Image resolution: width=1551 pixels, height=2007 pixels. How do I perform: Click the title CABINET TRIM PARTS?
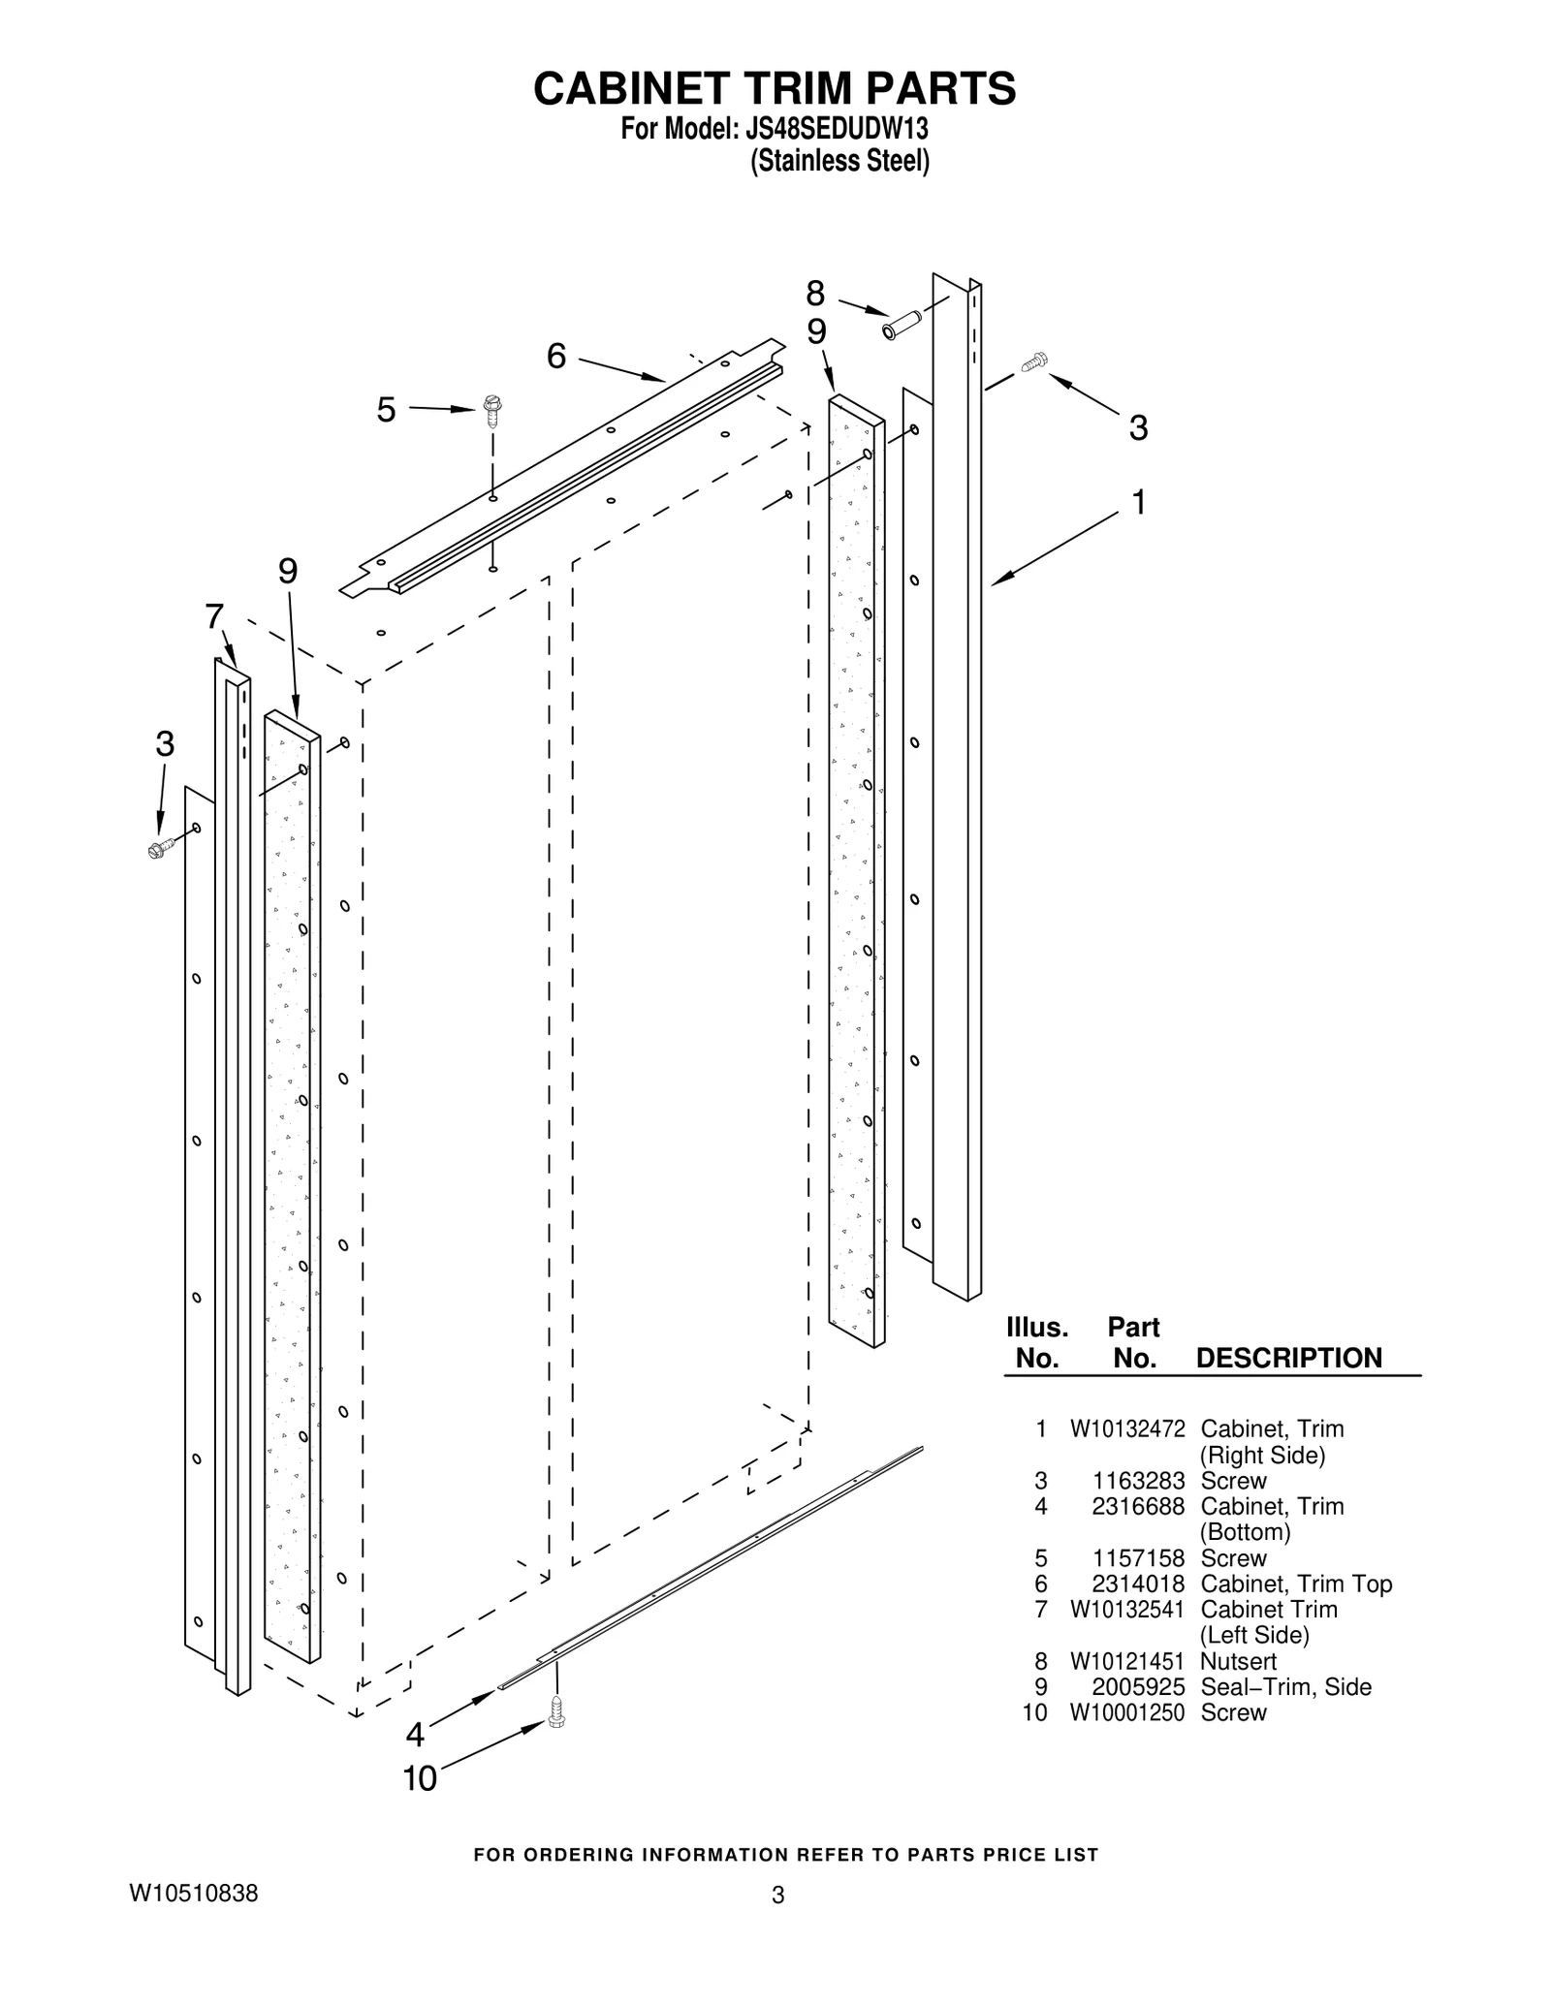click(775, 88)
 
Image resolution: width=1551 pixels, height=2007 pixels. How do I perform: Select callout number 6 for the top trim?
click(555, 357)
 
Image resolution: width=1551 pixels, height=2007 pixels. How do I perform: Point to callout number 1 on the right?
click(1139, 502)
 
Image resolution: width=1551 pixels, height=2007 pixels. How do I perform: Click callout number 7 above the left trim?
click(214, 615)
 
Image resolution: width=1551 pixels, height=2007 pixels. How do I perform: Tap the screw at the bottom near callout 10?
click(556, 1710)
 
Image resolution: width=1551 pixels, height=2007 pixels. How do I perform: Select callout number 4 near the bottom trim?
click(416, 1734)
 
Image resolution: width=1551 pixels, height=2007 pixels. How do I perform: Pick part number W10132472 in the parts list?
click(1127, 1428)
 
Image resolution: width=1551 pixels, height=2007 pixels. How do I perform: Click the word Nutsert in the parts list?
click(1238, 1661)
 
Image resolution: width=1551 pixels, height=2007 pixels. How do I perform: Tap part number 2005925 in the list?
click(1138, 1686)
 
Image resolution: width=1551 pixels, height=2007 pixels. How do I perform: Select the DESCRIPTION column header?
click(1288, 1358)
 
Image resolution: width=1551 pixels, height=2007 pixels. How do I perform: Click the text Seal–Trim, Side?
click(1285, 1686)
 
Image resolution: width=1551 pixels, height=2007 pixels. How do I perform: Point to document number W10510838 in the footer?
click(194, 1893)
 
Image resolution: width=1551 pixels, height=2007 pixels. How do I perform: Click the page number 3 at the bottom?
click(777, 1896)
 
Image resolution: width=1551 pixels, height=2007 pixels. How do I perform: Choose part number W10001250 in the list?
click(1127, 1712)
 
